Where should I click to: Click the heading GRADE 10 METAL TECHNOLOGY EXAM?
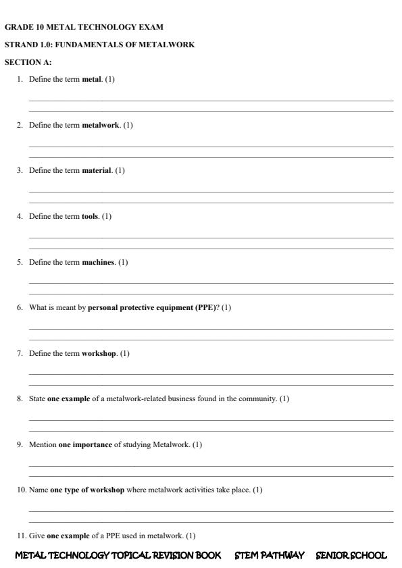tap(84, 27)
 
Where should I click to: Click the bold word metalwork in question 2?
tap(101, 125)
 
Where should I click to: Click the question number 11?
tap(22, 536)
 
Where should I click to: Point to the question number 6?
tap(21, 307)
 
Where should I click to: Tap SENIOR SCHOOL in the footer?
tap(351, 555)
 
